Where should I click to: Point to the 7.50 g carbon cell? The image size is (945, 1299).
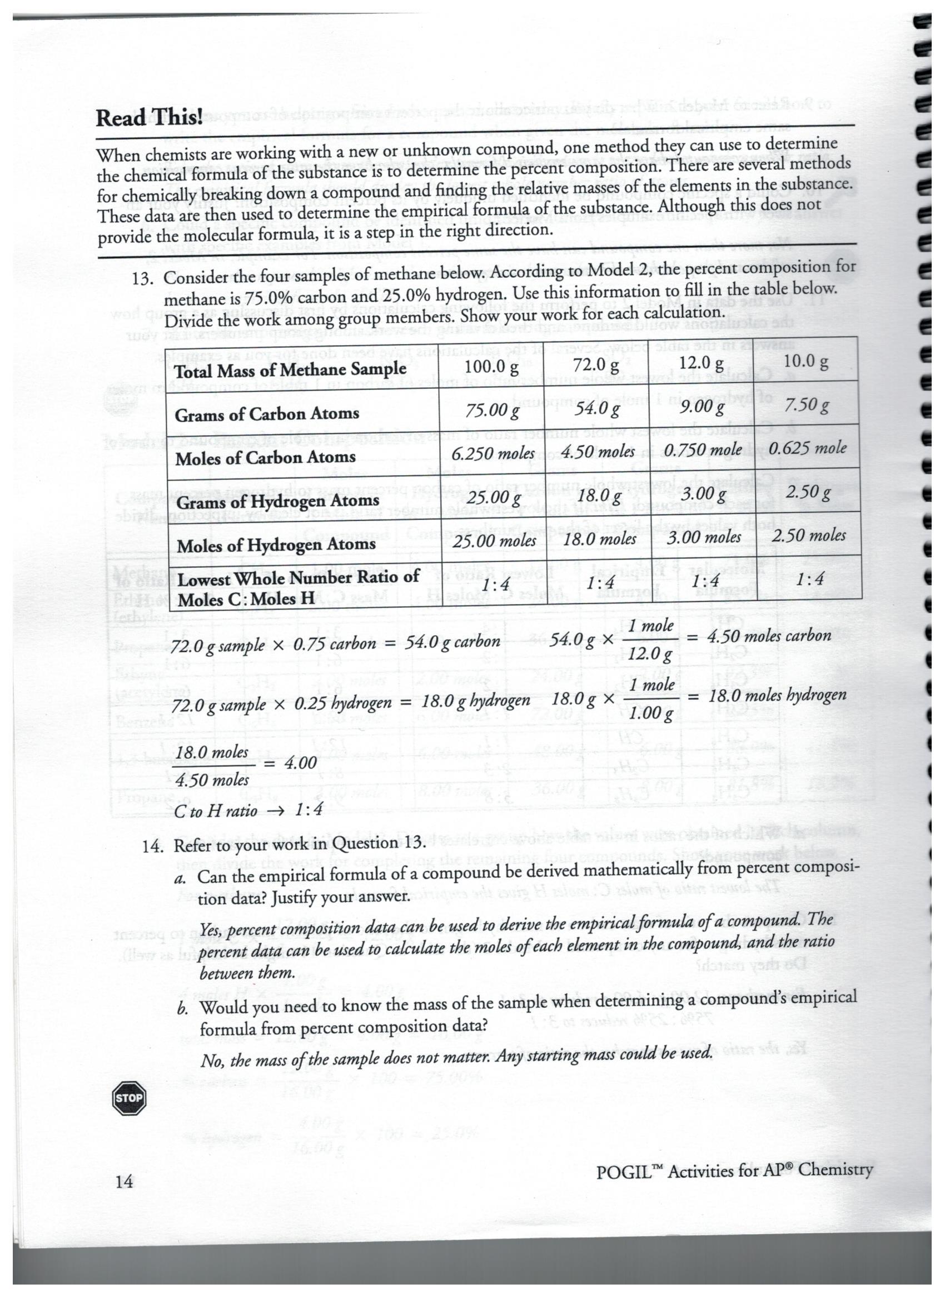coord(807,406)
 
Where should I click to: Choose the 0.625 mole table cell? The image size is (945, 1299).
coord(807,448)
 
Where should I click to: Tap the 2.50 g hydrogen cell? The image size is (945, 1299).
coord(808,492)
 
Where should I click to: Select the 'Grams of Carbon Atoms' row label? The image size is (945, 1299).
coord(267,413)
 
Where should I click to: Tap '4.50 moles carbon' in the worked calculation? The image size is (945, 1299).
coord(768,636)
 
